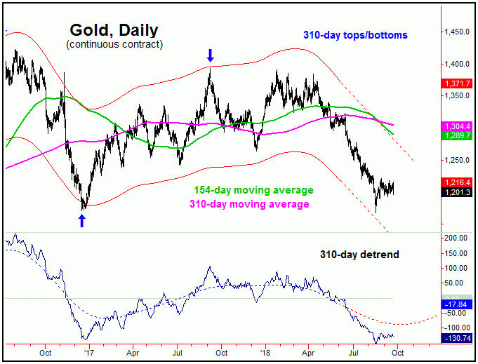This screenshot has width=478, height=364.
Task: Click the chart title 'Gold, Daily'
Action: pos(114,30)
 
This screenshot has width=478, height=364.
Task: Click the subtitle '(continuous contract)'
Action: pos(114,45)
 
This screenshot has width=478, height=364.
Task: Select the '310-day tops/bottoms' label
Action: pos(355,34)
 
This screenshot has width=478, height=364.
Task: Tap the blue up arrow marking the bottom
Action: pos(82,221)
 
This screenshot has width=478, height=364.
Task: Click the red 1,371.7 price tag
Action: pos(456,83)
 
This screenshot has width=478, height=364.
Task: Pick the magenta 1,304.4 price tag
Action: pos(456,126)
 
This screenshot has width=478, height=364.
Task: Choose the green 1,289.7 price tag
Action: pos(456,135)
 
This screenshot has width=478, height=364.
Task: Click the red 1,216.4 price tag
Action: pos(456,182)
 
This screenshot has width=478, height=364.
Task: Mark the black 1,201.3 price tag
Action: pos(456,191)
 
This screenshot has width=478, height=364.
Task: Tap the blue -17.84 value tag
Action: pos(456,304)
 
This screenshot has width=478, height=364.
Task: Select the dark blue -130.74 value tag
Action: pos(456,337)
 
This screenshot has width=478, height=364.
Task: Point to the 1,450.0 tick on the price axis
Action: pos(457,32)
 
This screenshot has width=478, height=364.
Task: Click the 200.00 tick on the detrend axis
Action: pos(457,238)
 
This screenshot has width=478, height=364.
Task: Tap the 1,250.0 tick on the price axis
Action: pos(457,160)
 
